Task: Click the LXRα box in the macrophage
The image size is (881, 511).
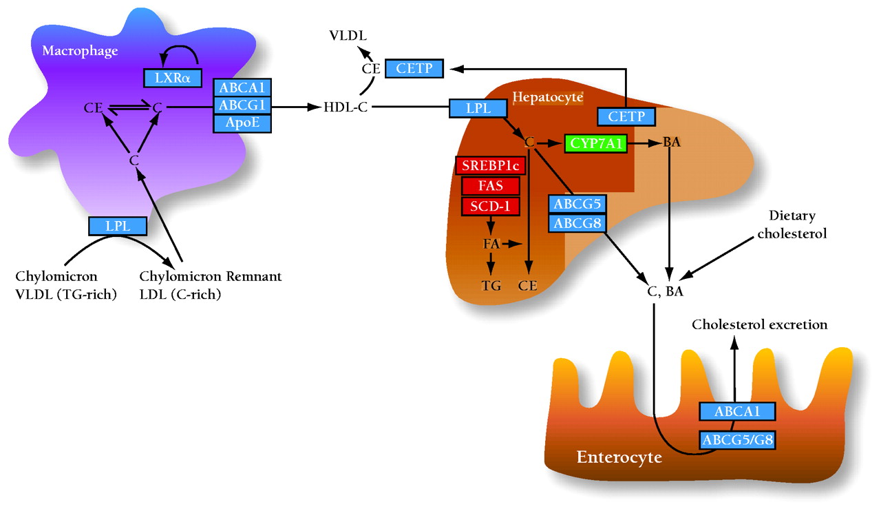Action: tap(172, 79)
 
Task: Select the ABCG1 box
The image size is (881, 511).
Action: tap(242, 105)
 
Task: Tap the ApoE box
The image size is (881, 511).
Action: tap(242, 123)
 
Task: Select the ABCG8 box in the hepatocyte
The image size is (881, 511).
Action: tap(577, 224)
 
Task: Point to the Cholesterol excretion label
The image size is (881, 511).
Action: tap(760, 324)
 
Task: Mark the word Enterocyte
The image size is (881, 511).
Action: tap(619, 457)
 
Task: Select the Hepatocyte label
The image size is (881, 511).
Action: tap(549, 97)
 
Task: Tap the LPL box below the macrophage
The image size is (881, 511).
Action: tap(118, 225)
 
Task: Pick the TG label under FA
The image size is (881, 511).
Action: tap(491, 285)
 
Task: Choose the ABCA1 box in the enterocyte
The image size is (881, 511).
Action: tap(737, 411)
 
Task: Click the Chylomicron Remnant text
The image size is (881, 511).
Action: tap(211, 277)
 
